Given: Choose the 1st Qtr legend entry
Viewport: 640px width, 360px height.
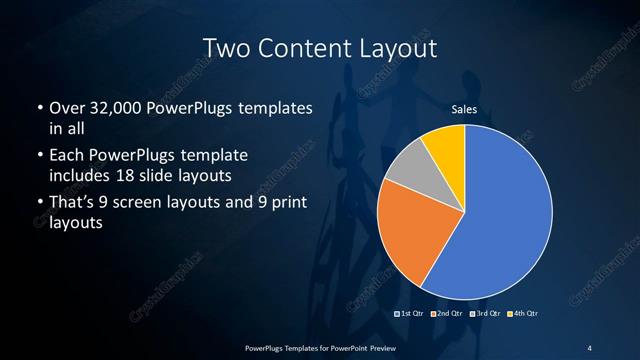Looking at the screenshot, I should pyautogui.click(x=412, y=314).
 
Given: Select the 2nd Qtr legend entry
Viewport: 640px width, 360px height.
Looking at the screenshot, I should pyautogui.click(x=447, y=314).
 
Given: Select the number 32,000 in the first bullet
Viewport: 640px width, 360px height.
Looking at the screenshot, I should pyautogui.click(x=114, y=108).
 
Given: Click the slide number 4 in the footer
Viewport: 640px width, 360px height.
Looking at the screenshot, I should pyautogui.click(x=589, y=347).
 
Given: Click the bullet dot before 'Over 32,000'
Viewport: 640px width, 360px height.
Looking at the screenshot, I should pyautogui.click(x=39, y=108).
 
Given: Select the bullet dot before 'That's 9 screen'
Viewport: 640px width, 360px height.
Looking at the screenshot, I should pyautogui.click(x=39, y=205).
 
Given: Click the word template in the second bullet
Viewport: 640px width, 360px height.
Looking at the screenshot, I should pyautogui.click(x=214, y=156).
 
